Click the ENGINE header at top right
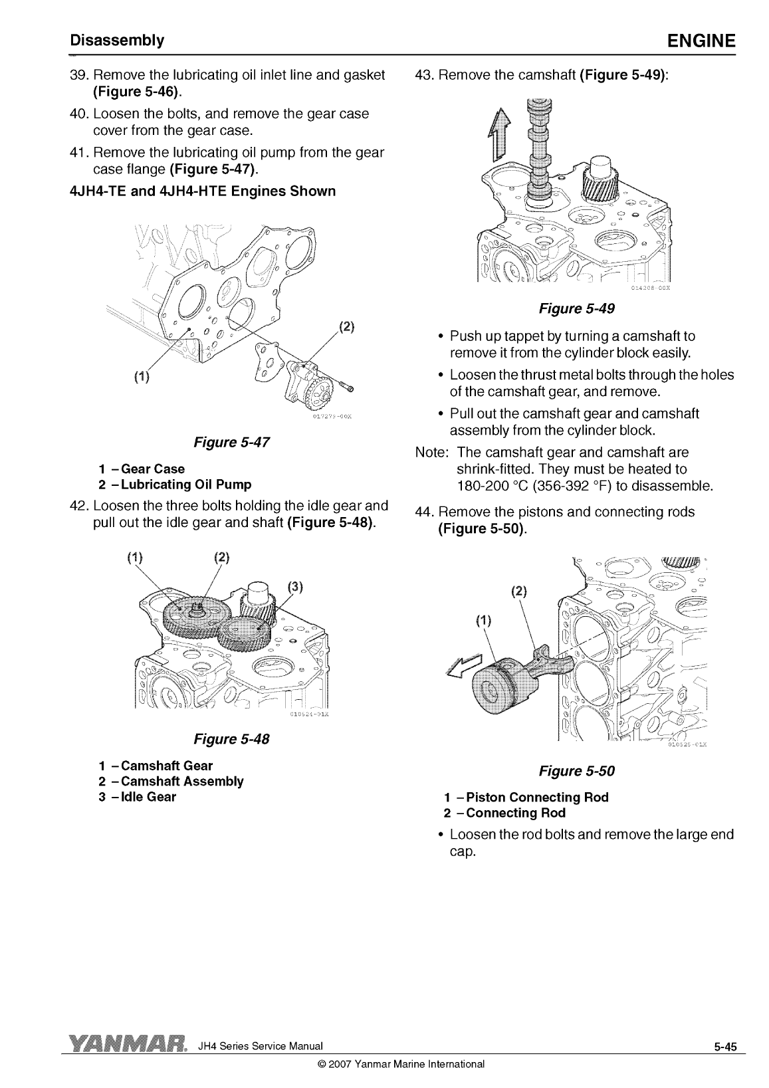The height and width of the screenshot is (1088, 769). tap(702, 41)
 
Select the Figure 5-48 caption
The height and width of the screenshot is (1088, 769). tap(231, 739)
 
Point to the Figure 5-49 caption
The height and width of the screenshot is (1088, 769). tap(576, 308)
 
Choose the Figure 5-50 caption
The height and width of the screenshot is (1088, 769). tap(576, 771)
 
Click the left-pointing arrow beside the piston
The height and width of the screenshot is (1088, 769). tap(464, 664)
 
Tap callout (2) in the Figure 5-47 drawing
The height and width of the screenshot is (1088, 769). tap(347, 327)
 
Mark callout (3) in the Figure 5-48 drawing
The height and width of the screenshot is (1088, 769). tap(296, 586)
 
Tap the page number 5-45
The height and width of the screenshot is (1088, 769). tap(726, 1047)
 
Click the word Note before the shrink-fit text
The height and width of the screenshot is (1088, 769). tap(431, 453)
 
